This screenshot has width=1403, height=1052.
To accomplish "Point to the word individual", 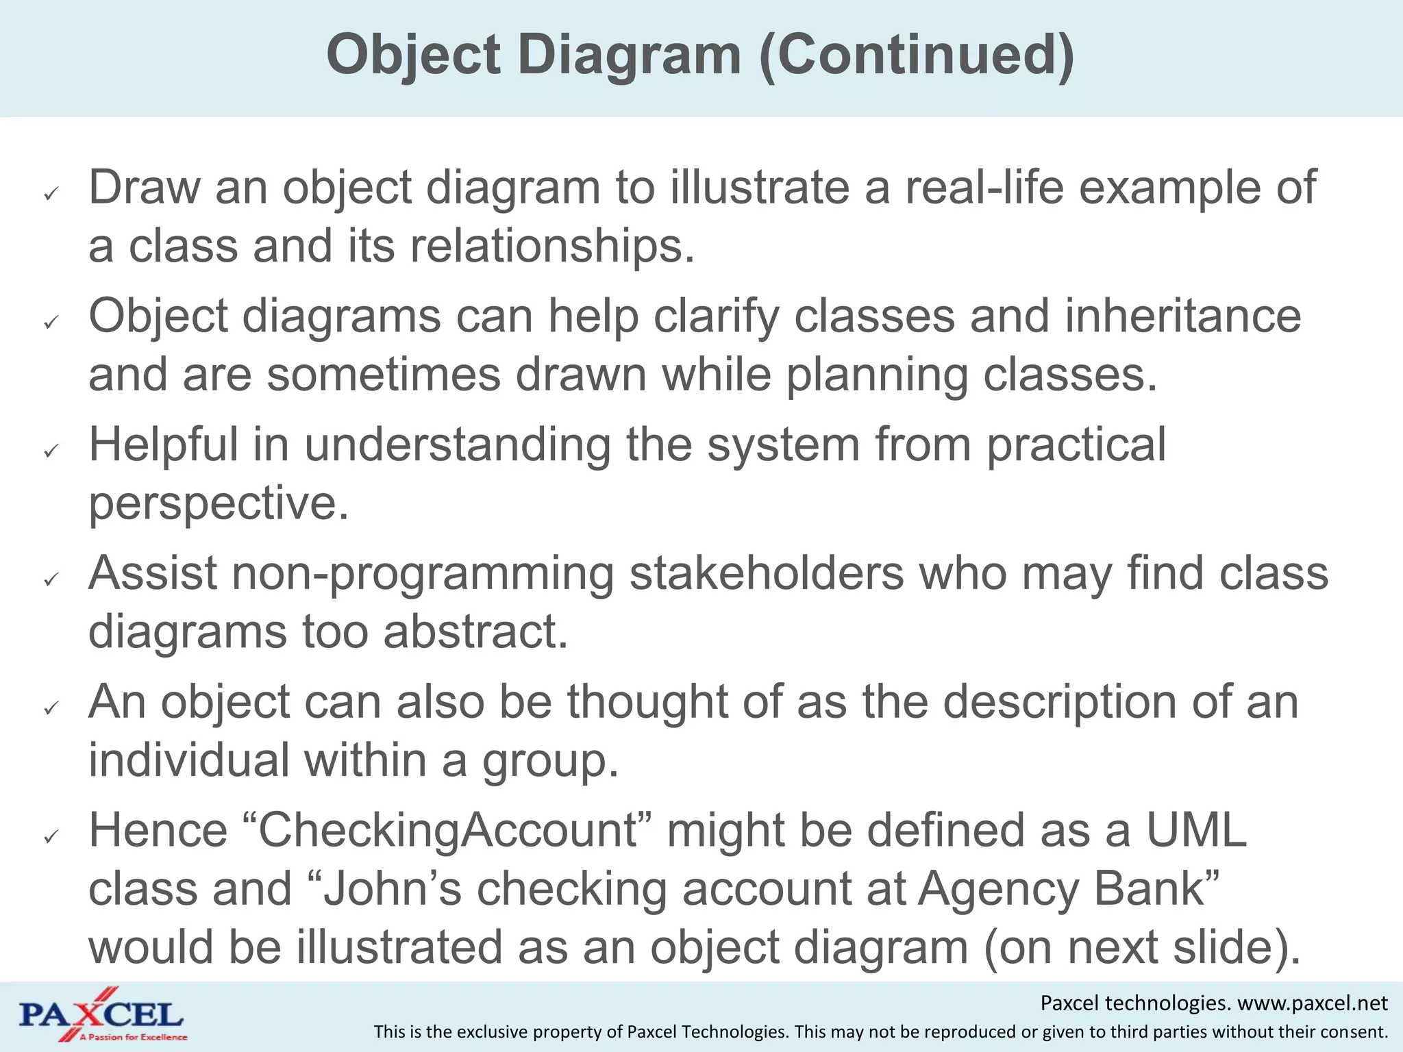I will [189, 760].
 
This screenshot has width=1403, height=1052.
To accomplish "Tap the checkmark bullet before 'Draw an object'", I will [51, 195].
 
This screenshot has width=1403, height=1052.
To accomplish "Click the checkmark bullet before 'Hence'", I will [51, 837].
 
